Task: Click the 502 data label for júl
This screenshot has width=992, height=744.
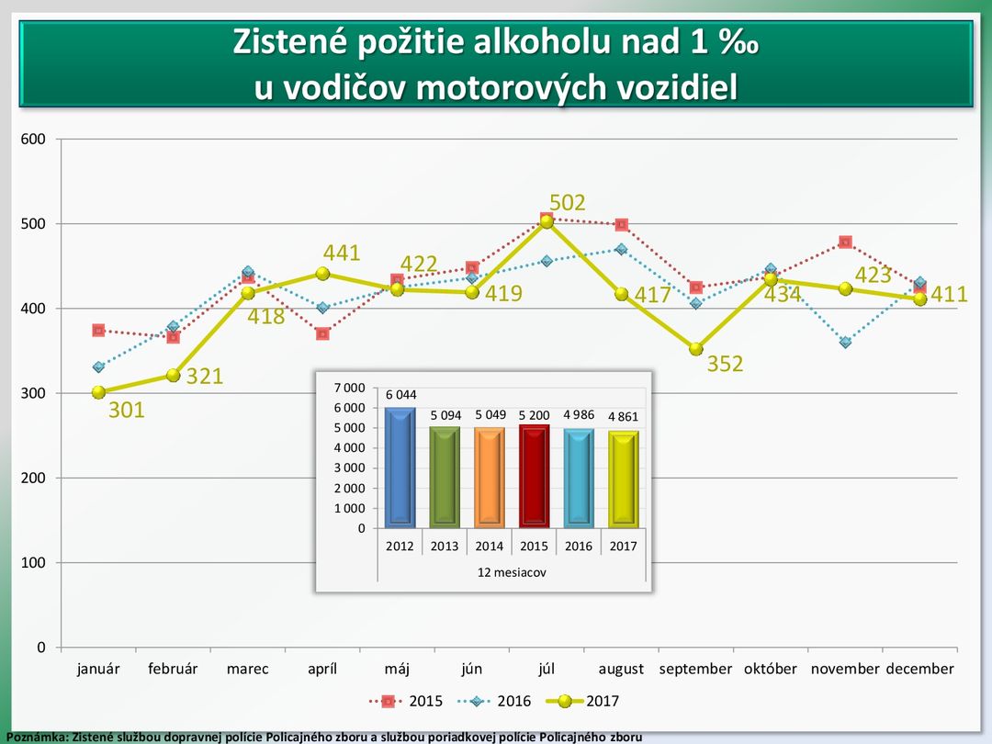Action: click(568, 203)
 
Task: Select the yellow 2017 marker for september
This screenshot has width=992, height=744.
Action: click(696, 349)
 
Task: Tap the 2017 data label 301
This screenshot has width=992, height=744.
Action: click(127, 411)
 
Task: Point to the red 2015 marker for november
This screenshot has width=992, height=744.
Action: click(845, 242)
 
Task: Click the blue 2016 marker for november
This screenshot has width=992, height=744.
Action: click(845, 343)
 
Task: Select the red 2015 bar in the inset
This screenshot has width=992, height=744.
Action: click(534, 477)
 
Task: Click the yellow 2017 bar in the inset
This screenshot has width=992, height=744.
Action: click(623, 479)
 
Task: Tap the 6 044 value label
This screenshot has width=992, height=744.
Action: click(400, 395)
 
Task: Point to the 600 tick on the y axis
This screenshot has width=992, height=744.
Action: click(33, 140)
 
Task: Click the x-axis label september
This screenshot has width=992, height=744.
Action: click(695, 669)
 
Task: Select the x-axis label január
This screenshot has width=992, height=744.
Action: click(98, 669)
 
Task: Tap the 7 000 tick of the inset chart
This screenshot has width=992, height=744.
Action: click(349, 388)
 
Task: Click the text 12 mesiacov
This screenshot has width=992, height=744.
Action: click(511, 571)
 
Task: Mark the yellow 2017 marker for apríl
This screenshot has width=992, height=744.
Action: click(322, 274)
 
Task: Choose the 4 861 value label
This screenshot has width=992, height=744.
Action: click(623, 417)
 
